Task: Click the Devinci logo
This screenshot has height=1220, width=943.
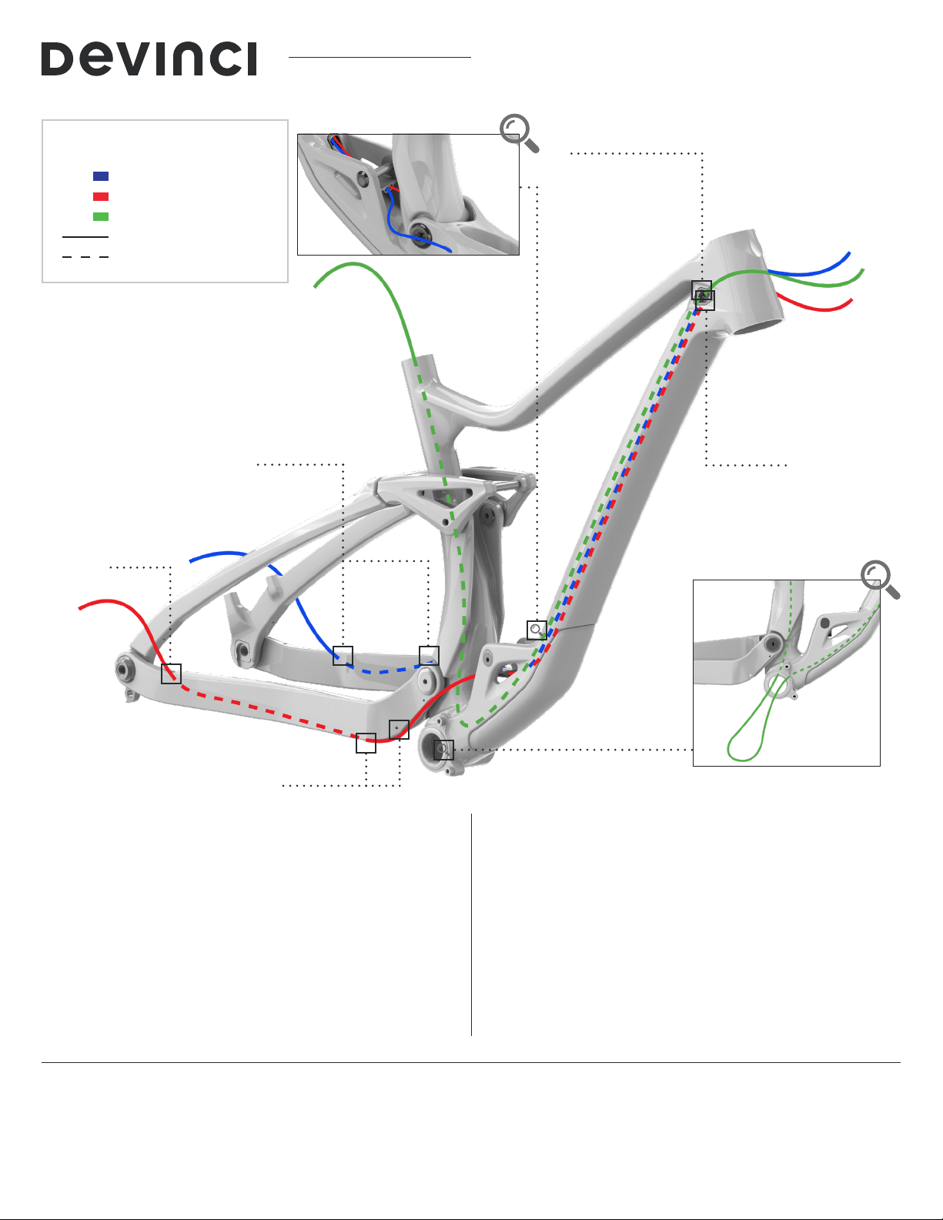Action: click(x=149, y=58)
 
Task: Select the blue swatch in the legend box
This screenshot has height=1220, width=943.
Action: click(x=101, y=176)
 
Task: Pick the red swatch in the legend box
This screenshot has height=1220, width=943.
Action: click(x=101, y=196)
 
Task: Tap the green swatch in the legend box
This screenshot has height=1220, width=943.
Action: click(x=101, y=217)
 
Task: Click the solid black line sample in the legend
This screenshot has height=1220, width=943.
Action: click(x=85, y=237)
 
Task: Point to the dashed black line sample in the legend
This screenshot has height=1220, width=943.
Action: click(x=85, y=257)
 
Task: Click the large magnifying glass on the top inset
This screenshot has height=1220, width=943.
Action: click(x=519, y=133)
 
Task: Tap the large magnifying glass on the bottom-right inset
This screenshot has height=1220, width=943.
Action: click(x=880, y=580)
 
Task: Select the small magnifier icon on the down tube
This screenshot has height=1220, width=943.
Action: click(x=537, y=630)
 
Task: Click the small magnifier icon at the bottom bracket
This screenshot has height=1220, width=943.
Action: click(x=443, y=750)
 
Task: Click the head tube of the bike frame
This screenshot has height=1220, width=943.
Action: click(x=743, y=281)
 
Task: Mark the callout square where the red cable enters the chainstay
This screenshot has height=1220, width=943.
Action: click(x=171, y=674)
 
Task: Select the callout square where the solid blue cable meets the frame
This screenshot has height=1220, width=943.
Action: click(x=343, y=656)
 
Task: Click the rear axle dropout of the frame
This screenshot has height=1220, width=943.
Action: click(x=125, y=669)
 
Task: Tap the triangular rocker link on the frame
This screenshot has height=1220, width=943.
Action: click(x=443, y=498)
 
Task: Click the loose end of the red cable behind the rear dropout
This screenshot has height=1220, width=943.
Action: click(x=80, y=608)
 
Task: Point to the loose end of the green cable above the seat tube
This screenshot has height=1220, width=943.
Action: click(x=315, y=286)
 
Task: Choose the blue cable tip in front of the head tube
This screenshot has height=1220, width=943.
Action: click(x=849, y=254)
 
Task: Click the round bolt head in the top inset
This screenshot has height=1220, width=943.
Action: click(x=419, y=230)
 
